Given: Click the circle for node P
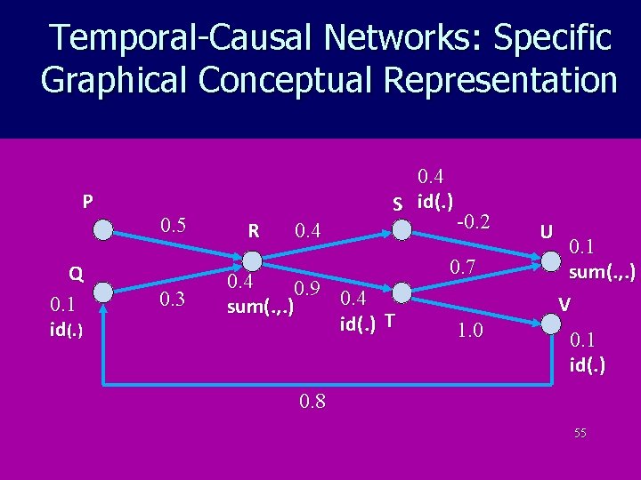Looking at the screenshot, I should pos(104,230).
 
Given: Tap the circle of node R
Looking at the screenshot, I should pos(252,260).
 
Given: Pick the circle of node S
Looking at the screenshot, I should pos(400,230).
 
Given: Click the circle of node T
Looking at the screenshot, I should pos(400,290).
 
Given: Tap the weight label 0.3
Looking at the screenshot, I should pos(172,299).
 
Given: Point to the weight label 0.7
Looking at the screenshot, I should pos(463,267).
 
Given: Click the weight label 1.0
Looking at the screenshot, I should pos(469,330).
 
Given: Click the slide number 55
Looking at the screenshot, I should pos(580,433).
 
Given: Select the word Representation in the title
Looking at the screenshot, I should pos(499,80).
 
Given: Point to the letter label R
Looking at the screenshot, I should pos(254,232).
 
